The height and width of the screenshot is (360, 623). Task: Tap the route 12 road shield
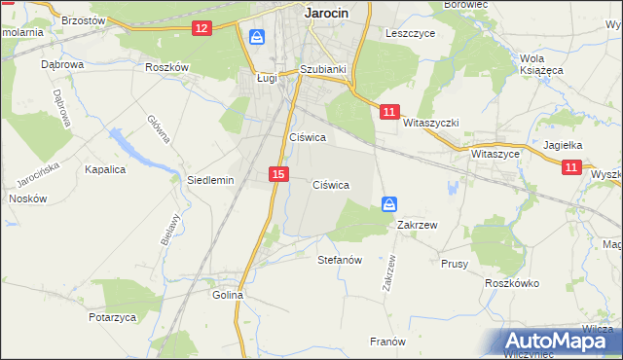[x=202, y=28]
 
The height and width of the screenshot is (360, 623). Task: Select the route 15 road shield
[x=278, y=173]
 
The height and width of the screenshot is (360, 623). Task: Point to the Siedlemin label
[x=210, y=180]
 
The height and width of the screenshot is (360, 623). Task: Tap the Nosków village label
[x=26, y=198]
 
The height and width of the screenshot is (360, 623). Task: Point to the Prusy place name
[x=455, y=264]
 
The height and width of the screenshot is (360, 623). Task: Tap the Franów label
[x=386, y=341]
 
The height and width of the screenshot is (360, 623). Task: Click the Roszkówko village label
[x=512, y=282]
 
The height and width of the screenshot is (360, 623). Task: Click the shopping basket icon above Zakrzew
[x=388, y=204]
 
